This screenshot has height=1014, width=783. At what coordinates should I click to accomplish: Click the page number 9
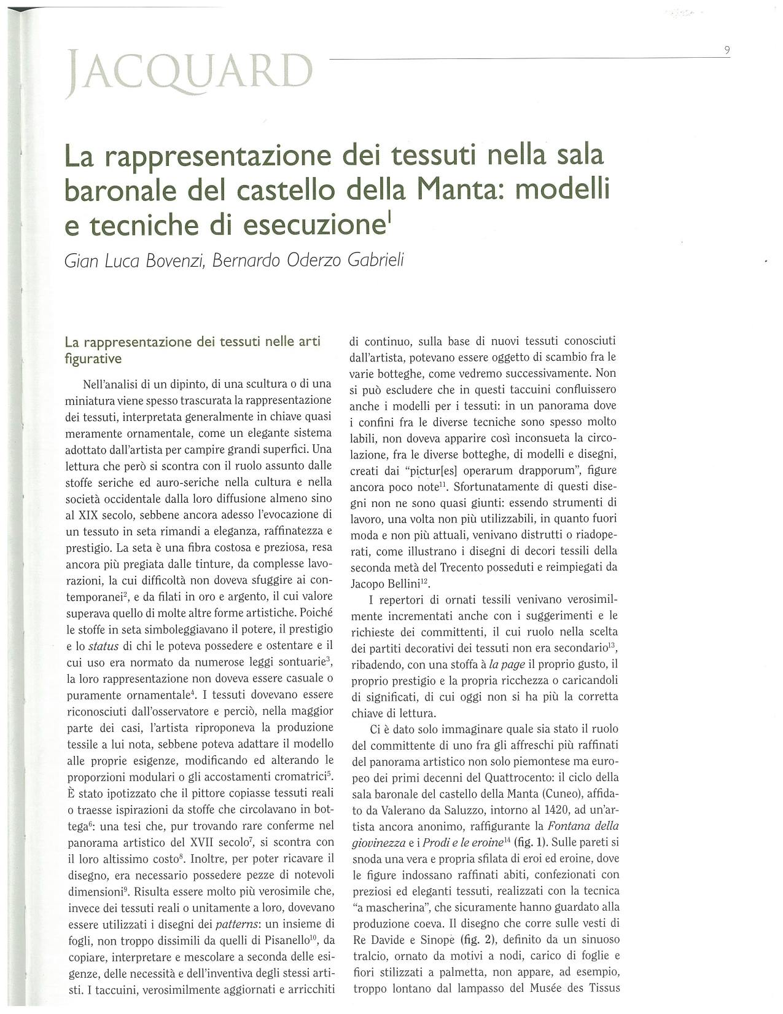click(x=727, y=51)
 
